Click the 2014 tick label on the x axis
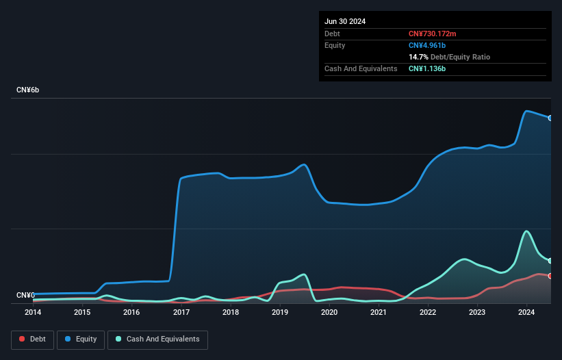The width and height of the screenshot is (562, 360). [x=33, y=312]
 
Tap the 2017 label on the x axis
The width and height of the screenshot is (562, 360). [x=181, y=312]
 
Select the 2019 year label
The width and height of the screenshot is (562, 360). [x=280, y=312]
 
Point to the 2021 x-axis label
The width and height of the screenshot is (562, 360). [x=379, y=312]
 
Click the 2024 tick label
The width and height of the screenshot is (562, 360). [x=526, y=312]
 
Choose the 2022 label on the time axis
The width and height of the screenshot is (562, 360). [x=428, y=312]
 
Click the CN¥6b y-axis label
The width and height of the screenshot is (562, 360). [x=28, y=90]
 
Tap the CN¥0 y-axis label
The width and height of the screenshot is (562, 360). [x=25, y=295]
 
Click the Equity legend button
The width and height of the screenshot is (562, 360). [x=81, y=339]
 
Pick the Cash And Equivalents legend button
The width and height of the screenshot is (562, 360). [x=157, y=339]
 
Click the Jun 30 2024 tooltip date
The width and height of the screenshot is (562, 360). [x=345, y=21]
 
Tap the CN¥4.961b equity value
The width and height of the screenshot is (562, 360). [x=427, y=45]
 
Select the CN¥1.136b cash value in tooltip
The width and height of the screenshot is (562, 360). [x=427, y=68]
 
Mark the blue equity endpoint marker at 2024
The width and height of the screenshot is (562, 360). [x=550, y=118]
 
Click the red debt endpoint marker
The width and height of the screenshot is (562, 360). [x=550, y=276]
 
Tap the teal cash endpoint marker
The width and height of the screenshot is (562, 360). [x=550, y=261]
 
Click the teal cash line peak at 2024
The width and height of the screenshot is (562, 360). [x=526, y=231]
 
